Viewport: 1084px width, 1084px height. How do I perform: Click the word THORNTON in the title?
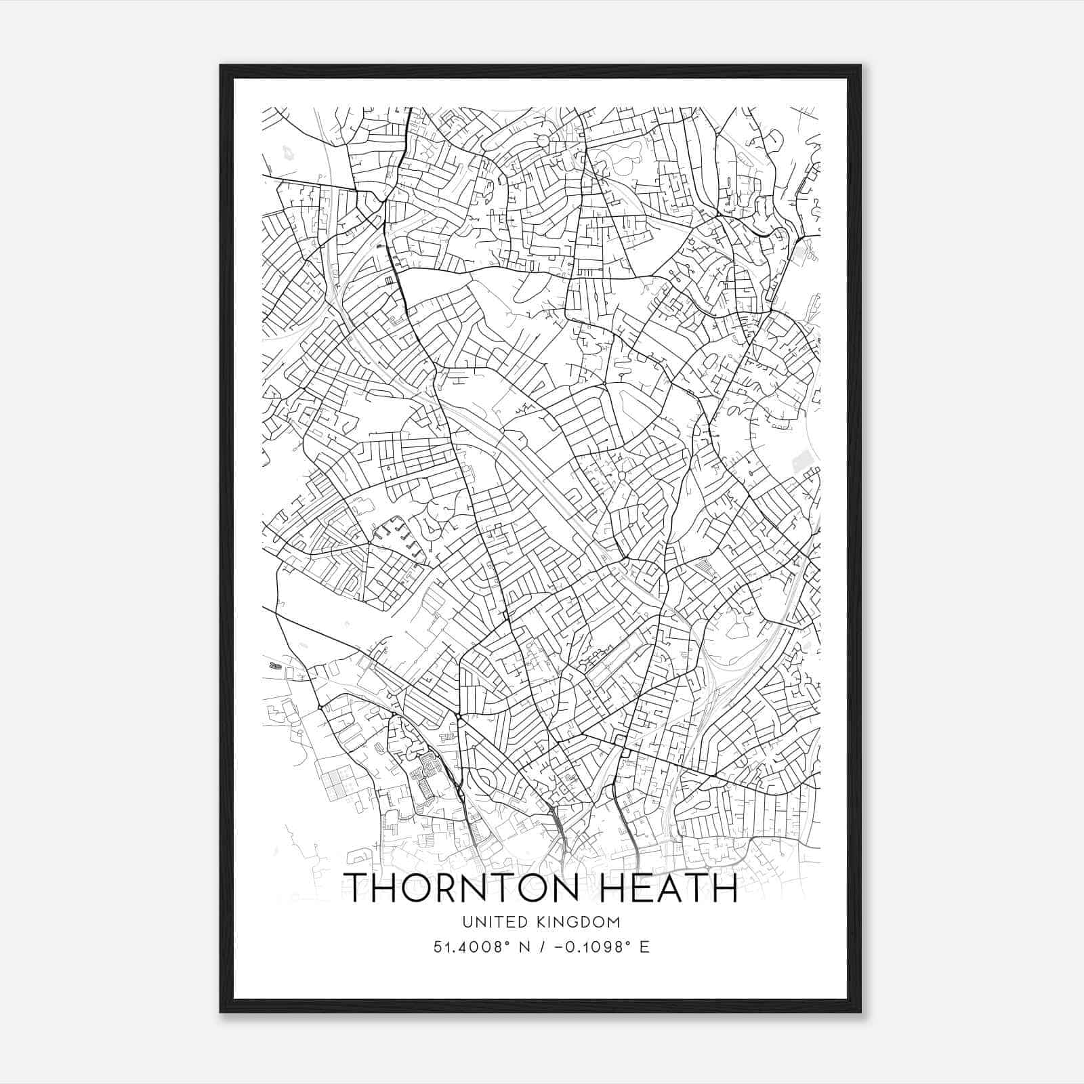point(456,888)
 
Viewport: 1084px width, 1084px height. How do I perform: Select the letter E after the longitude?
point(644,947)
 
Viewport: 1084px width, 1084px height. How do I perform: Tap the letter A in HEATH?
point(671,888)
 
